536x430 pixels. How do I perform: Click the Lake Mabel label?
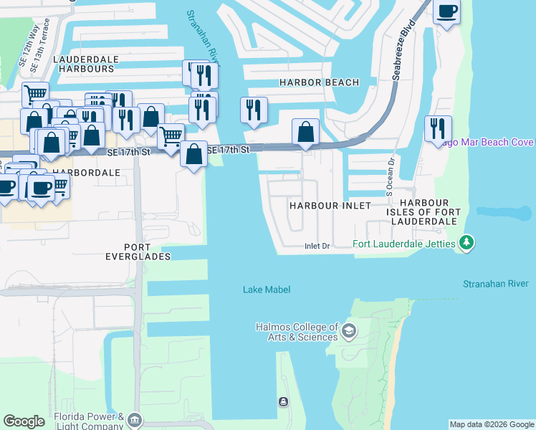pyautogui.click(x=266, y=290)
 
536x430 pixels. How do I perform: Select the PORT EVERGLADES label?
pyautogui.click(x=138, y=251)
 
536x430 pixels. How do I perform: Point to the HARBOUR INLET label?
pyautogui.click(x=330, y=206)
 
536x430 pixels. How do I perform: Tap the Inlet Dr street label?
pyautogui.click(x=317, y=246)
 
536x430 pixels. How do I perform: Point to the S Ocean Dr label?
pyautogui.click(x=391, y=177)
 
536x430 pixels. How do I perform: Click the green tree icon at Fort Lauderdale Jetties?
pyautogui.click(x=467, y=244)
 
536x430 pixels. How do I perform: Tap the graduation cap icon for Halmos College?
pyautogui.click(x=349, y=330)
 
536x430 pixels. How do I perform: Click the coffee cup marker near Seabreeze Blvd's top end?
pyautogui.click(x=447, y=12)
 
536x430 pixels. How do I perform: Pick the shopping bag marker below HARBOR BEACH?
pyautogui.click(x=306, y=132)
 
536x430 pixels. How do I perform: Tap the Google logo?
pyautogui.click(x=24, y=421)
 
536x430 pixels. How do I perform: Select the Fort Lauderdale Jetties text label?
pyautogui.click(x=404, y=244)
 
